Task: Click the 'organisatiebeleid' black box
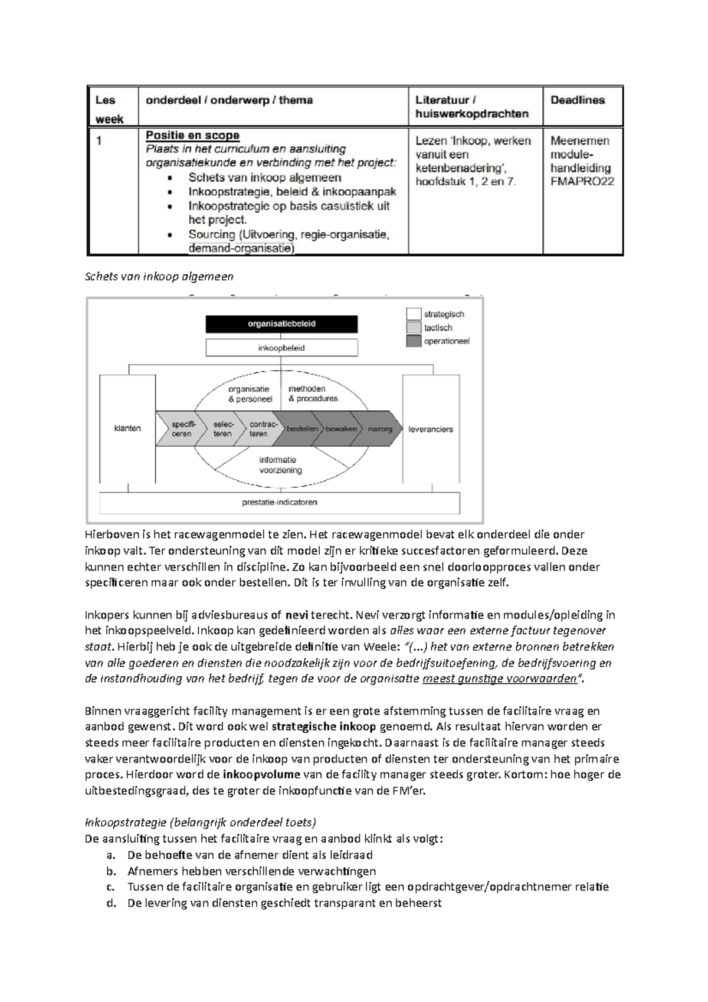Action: (x=281, y=324)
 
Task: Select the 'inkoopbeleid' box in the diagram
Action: (x=281, y=348)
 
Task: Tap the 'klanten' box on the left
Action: (x=127, y=428)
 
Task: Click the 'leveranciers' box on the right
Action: (x=431, y=429)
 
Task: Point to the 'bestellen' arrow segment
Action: (x=302, y=429)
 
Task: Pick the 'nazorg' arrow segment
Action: (x=380, y=429)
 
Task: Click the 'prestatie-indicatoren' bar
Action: (x=280, y=503)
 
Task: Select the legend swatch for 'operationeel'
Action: (x=414, y=341)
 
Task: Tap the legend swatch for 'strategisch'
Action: (x=414, y=314)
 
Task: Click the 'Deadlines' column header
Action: (x=578, y=100)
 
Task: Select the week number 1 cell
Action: (x=99, y=142)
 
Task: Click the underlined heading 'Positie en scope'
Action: (x=192, y=136)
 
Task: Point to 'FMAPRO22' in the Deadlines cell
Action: (x=582, y=182)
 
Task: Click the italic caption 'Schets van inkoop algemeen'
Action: (x=159, y=277)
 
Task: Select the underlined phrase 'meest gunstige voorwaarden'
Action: (x=499, y=679)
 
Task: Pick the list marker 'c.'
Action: (x=111, y=887)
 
